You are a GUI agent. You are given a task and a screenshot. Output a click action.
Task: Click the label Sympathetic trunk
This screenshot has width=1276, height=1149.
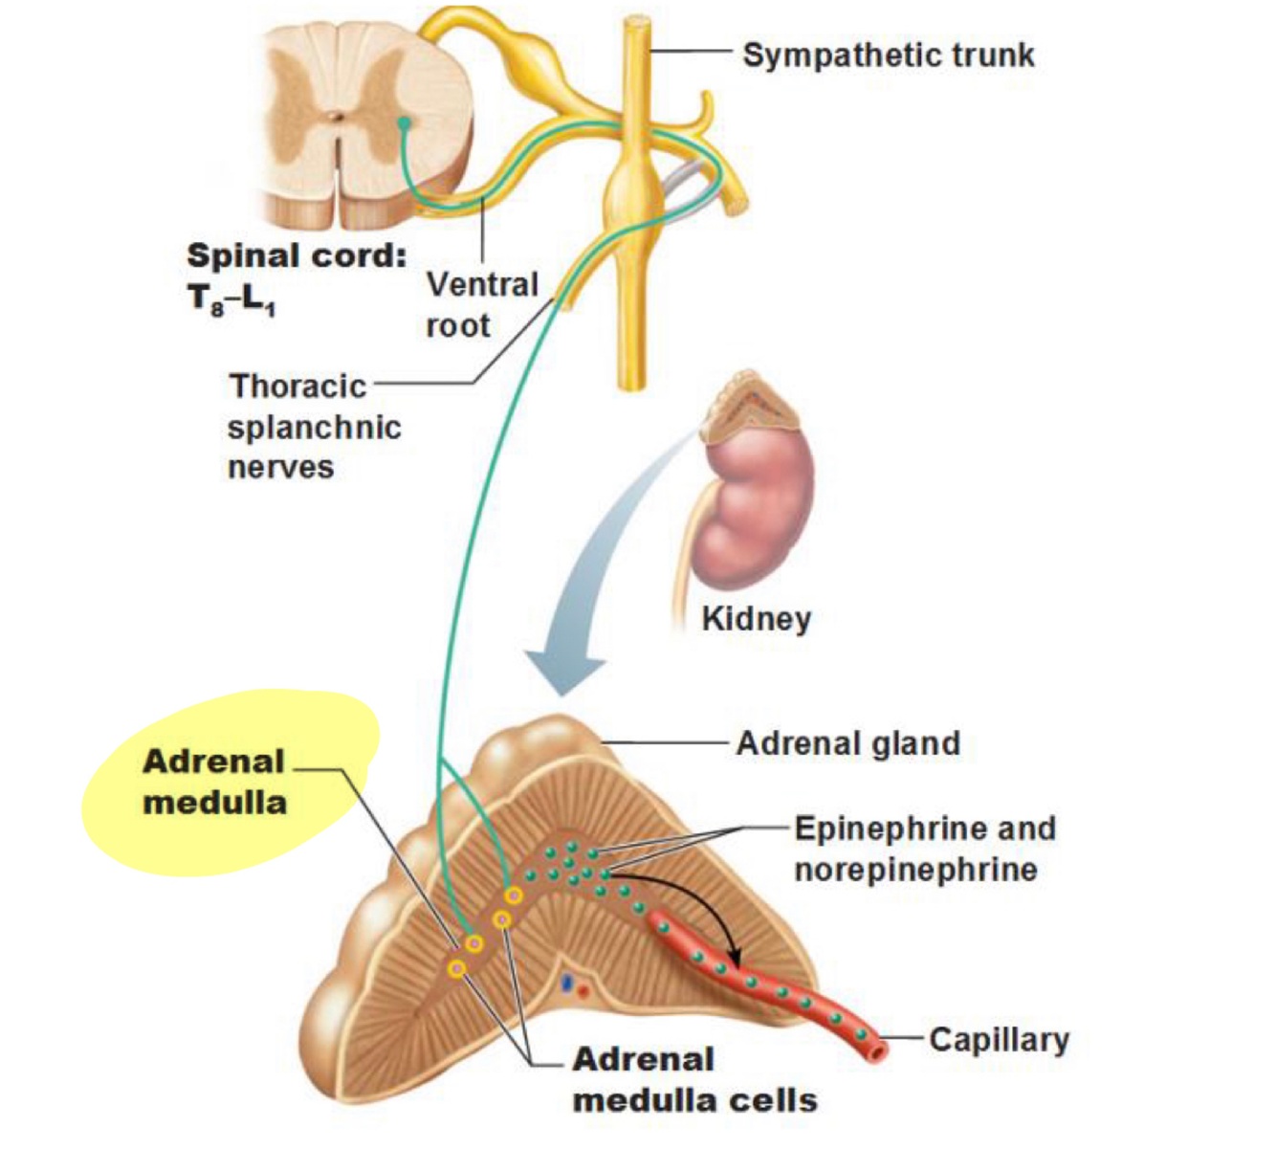888,55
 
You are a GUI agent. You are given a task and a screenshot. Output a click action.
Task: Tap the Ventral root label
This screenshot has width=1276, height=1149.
482,304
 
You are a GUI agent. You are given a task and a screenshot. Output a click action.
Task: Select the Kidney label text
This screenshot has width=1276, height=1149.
756,618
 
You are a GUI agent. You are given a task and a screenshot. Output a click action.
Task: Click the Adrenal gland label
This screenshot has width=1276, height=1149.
847,743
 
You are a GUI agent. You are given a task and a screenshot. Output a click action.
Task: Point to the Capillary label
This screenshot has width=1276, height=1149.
999,1039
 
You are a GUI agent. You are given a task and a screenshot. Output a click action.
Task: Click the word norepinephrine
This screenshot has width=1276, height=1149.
915,870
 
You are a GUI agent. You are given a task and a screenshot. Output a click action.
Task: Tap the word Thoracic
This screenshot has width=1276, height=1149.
297,386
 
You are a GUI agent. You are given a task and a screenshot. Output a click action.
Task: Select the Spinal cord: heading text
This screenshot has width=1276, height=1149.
297,256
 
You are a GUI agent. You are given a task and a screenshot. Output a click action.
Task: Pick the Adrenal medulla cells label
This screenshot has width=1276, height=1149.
694,1079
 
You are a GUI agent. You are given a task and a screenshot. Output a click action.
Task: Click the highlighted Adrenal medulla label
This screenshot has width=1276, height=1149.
214,781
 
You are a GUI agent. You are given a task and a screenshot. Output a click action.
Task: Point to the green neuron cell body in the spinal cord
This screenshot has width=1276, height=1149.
404,122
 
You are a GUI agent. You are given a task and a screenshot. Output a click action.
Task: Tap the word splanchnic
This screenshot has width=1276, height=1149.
314,427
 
